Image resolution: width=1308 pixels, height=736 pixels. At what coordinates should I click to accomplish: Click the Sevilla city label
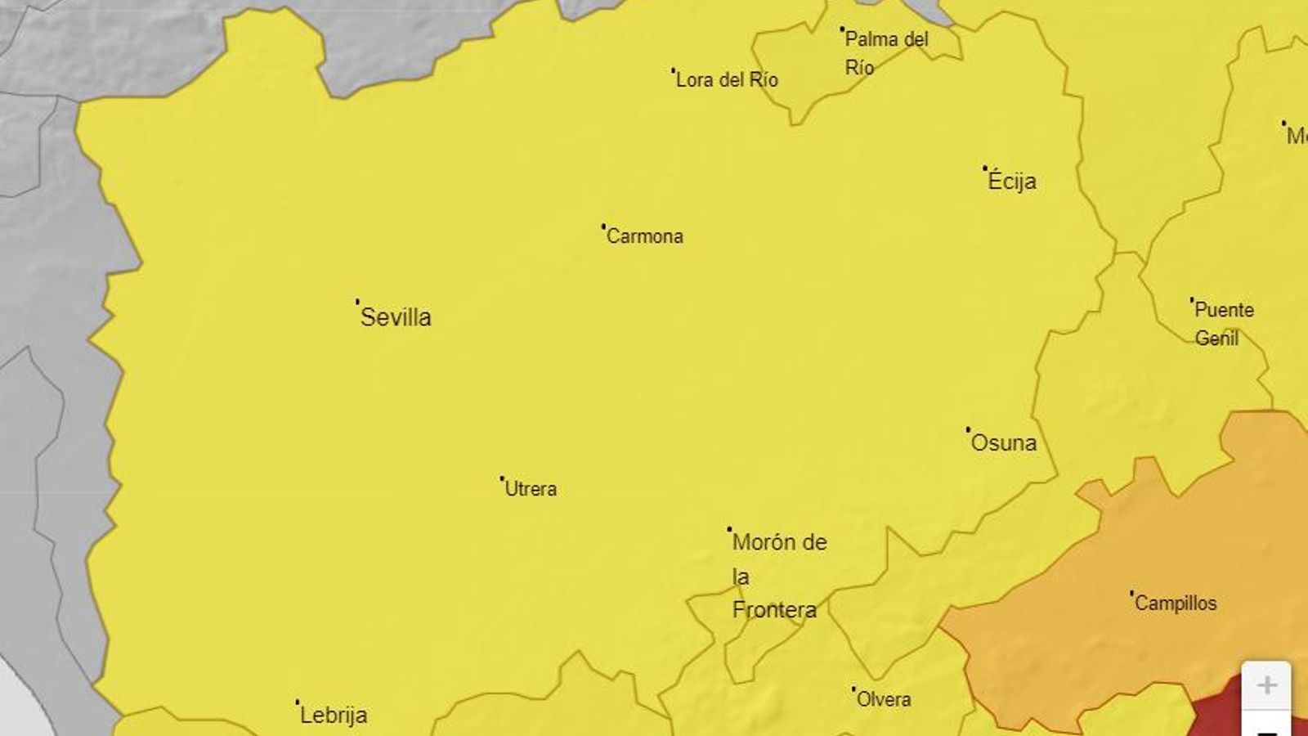(396, 317)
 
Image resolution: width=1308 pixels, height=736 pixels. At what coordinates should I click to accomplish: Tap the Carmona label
(645, 236)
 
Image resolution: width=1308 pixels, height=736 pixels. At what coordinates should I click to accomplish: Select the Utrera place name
(531, 489)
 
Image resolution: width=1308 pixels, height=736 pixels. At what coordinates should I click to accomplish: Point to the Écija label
(1012, 181)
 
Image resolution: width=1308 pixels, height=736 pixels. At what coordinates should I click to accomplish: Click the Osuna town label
(1004, 442)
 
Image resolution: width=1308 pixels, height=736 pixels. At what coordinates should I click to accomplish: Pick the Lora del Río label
(727, 80)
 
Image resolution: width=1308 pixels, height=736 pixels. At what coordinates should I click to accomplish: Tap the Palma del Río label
(886, 52)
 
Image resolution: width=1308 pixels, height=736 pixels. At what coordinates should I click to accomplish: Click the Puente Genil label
(1223, 324)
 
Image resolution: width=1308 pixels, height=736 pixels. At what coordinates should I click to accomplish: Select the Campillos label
(1176, 604)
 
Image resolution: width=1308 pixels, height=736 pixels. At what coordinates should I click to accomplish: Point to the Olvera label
(884, 699)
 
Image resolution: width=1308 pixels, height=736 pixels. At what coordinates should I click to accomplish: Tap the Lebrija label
(334, 716)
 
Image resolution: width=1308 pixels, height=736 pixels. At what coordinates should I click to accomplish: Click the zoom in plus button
(1266, 685)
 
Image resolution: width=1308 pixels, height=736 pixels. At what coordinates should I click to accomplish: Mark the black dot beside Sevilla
(357, 301)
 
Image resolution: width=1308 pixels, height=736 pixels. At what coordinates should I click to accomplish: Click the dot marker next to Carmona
(603, 225)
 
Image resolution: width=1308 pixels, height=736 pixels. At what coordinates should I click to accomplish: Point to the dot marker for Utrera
(501, 478)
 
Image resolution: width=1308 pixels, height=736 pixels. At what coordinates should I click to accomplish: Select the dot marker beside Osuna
(968, 429)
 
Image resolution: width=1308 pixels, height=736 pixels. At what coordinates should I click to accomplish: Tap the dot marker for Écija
(984, 168)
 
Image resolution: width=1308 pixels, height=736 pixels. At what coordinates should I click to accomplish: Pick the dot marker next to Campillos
(1131, 592)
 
